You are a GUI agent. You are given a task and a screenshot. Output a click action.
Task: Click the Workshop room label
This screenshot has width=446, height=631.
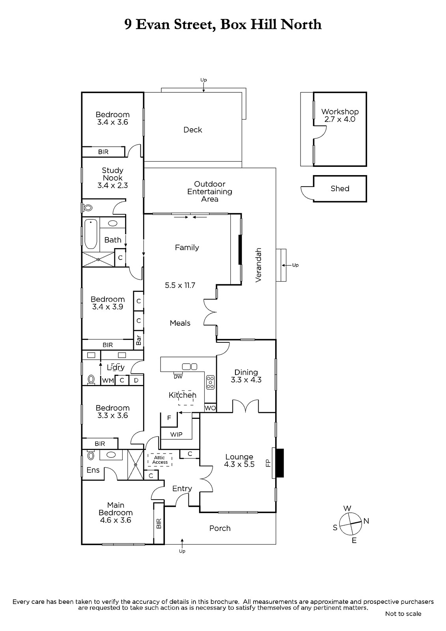tap(340, 112)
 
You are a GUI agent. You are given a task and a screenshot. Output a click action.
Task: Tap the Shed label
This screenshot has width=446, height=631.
tap(340, 189)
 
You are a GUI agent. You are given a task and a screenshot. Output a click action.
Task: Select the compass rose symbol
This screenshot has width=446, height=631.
tap(351, 524)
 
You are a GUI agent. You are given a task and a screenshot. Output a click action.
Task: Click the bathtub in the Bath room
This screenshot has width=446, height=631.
tap(91, 234)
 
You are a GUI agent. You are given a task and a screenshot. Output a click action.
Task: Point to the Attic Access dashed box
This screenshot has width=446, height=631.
tap(160, 460)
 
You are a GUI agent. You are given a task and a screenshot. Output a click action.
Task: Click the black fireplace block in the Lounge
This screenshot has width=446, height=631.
tap(280, 463)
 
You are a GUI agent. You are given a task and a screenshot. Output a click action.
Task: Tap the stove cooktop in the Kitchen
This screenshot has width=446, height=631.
tap(210, 382)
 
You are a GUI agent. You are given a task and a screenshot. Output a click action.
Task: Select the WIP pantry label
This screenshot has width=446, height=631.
tap(176, 435)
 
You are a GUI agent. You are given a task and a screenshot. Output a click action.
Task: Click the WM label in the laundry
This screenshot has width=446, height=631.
tap(108, 381)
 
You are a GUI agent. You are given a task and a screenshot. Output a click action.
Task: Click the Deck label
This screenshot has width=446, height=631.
tap(193, 130)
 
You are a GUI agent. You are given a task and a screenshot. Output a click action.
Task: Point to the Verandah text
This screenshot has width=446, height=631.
tap(258, 265)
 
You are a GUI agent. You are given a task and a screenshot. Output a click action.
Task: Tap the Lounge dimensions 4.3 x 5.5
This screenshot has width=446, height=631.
tap(239, 464)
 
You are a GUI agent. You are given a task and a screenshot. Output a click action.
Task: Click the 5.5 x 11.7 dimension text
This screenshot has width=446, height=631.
tap(180, 286)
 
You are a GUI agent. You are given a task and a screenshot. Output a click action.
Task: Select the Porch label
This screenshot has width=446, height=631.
tap(220, 528)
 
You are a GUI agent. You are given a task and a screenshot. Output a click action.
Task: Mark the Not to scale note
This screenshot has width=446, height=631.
tap(403, 614)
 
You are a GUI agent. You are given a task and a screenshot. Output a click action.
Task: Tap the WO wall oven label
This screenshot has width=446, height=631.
tap(210, 408)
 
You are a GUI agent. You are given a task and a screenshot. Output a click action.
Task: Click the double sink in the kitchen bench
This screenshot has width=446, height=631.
tap(190, 366)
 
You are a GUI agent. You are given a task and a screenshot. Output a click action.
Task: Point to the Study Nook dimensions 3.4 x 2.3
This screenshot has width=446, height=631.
tap(113, 186)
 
